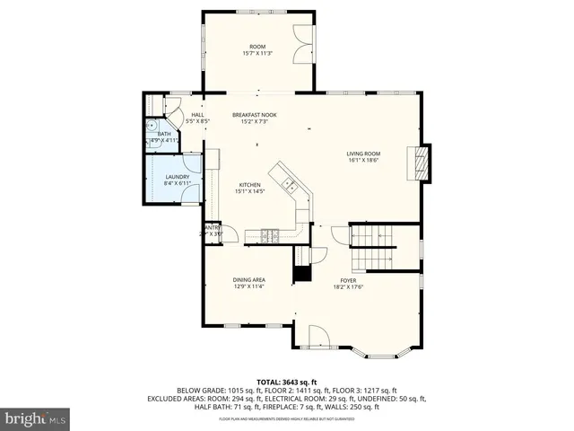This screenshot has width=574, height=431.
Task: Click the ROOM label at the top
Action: tap(257, 46)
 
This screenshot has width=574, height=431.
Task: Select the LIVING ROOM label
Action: tap(364, 154)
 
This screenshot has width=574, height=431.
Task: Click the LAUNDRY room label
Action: tap(178, 177)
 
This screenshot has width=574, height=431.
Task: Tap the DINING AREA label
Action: tap(248, 280)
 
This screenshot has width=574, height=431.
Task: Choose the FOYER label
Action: tap(348, 280)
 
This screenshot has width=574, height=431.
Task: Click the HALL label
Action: tap(196, 115)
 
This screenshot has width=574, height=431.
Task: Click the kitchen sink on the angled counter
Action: tap(291, 184)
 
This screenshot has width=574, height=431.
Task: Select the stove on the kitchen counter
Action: tap(269, 236)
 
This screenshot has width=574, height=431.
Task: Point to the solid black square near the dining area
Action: tap(301, 275)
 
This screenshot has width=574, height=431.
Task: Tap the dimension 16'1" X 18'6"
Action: tap(364, 161)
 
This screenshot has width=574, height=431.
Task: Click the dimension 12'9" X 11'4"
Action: tap(248, 287)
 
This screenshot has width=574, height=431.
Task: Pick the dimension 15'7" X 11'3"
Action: tap(257, 53)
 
